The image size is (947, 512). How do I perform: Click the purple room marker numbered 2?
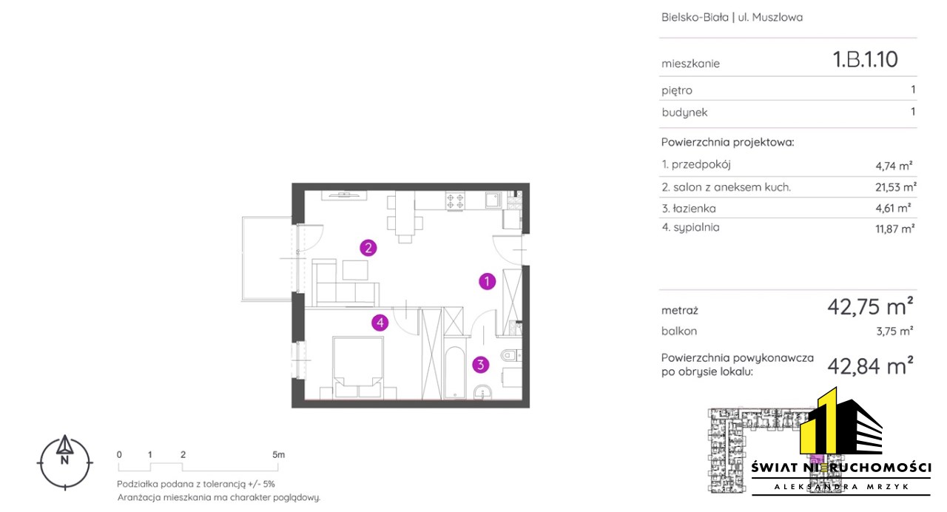tap(368, 248)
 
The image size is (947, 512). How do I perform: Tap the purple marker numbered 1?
tap(487, 281)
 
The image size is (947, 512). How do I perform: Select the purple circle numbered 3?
tap(481, 365)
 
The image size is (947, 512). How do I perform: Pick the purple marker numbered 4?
tap(380, 323)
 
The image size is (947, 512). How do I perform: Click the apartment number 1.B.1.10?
tap(865, 59)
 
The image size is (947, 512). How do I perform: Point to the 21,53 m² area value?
tap(896, 187)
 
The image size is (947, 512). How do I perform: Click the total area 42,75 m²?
tap(870, 306)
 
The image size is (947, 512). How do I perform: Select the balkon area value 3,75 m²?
tap(894, 331)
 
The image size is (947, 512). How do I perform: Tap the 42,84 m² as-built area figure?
tap(870, 366)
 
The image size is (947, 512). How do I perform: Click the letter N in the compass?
tap(64, 460)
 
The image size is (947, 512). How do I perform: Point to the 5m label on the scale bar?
tap(279, 454)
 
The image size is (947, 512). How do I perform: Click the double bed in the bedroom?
tap(358, 367)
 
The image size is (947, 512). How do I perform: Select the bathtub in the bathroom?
tap(455, 373)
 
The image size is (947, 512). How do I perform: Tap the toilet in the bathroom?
tap(510, 355)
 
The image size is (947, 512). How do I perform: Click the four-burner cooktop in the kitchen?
tap(455, 201)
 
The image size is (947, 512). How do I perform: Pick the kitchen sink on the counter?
tap(493, 200)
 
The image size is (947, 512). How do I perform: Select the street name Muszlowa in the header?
tap(778, 17)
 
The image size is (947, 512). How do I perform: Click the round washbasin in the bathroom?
tap(482, 392)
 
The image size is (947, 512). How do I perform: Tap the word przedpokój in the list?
tap(701, 164)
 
